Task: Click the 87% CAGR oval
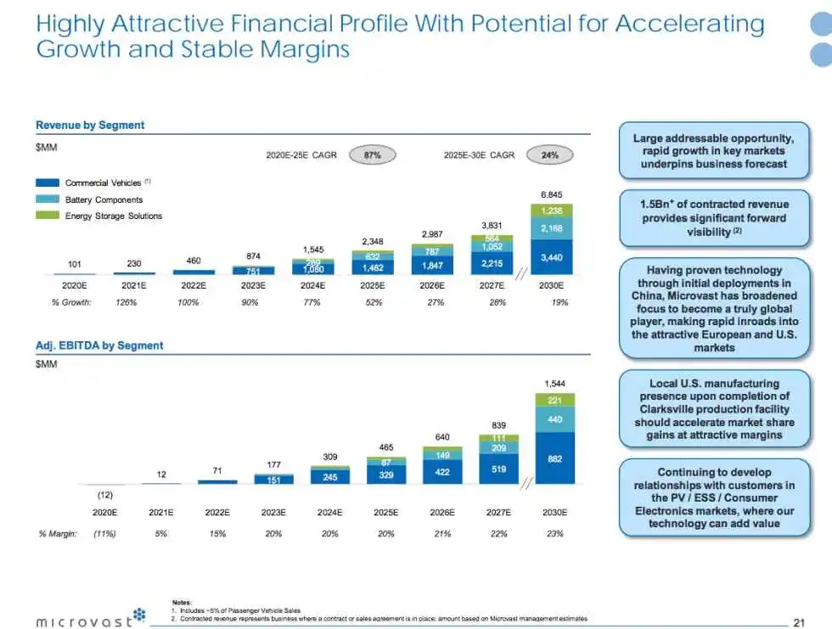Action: coord(372,155)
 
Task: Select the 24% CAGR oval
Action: coord(549,155)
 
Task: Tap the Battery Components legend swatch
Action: coord(48,199)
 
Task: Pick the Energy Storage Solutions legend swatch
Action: coord(48,216)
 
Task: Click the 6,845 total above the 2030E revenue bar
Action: coord(553,194)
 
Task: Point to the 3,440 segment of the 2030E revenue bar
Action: coord(553,256)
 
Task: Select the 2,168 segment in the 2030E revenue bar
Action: coord(553,228)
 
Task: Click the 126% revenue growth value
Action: coord(126,302)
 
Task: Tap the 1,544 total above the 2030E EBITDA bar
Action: coord(554,384)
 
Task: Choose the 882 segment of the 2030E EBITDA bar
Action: coord(554,458)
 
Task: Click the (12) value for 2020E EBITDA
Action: coord(104,494)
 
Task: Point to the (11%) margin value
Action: coord(104,533)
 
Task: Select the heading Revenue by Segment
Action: coord(90,125)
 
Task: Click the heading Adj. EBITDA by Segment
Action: coord(99,345)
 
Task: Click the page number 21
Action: coord(798,622)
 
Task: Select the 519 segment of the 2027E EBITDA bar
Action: coord(498,469)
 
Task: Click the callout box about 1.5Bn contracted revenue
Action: coord(713,217)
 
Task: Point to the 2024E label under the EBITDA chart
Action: coord(329,512)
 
